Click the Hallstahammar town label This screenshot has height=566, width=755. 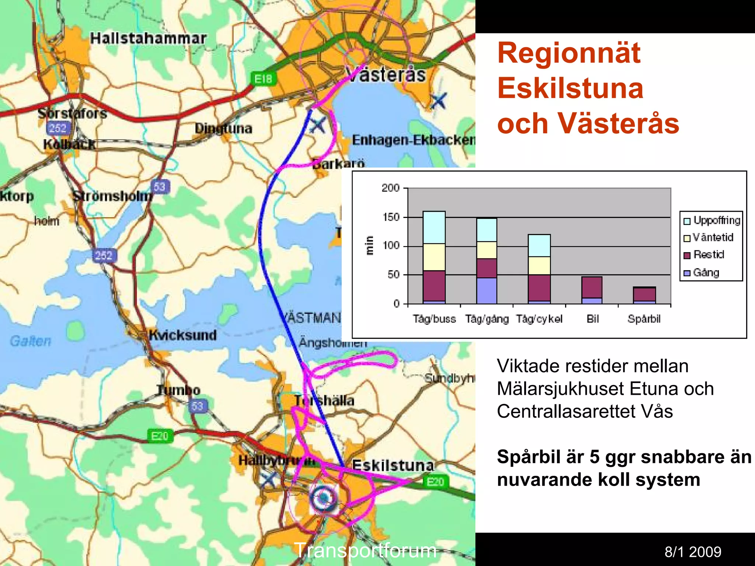[x=148, y=38]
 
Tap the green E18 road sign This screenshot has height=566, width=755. [x=263, y=79]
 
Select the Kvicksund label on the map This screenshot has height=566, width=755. [x=183, y=335]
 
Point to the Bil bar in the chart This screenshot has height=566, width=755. [x=592, y=290]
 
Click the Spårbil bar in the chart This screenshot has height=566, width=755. [x=644, y=295]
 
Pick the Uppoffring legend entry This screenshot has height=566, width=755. [x=712, y=221]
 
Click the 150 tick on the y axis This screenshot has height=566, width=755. [x=391, y=217]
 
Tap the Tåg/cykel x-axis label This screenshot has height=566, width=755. [x=539, y=319]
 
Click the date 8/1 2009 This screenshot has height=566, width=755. [x=693, y=552]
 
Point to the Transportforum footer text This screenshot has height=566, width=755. [x=365, y=551]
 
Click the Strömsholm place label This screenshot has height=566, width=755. [x=112, y=196]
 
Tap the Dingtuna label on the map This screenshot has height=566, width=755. [x=223, y=129]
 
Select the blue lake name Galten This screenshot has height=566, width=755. [x=31, y=341]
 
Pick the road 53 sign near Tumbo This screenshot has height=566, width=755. [x=197, y=406]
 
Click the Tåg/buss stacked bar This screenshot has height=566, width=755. [x=434, y=257]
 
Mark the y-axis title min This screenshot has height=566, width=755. [x=369, y=245]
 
